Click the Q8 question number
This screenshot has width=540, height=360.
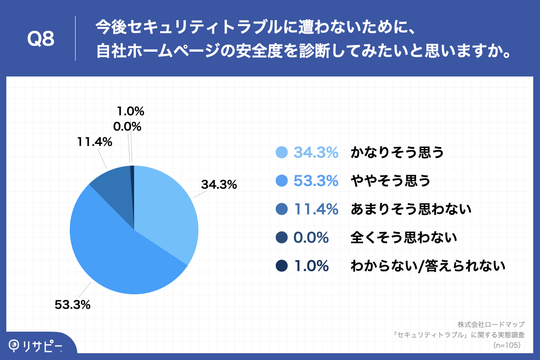tap(41, 40)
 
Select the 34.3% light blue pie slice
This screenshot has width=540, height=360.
tap(166, 207)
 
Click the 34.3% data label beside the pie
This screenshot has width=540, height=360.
tap(219, 184)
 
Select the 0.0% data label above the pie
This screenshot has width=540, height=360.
tap(127, 127)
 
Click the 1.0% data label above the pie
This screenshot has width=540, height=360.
tap(130, 111)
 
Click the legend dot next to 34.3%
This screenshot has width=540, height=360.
tap(281, 153)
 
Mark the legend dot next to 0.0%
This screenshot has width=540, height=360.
tap(281, 238)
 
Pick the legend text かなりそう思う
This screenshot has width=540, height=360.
tap(397, 153)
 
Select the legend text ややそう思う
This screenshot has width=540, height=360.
tap(391, 181)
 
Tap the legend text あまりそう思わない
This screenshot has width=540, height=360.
tap(411, 209)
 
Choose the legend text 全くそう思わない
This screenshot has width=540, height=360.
tap(404, 238)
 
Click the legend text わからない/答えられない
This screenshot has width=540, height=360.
tap(428, 266)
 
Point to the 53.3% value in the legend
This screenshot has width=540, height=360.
tap(316, 181)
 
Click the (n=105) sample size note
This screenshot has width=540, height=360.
tap(507, 345)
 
